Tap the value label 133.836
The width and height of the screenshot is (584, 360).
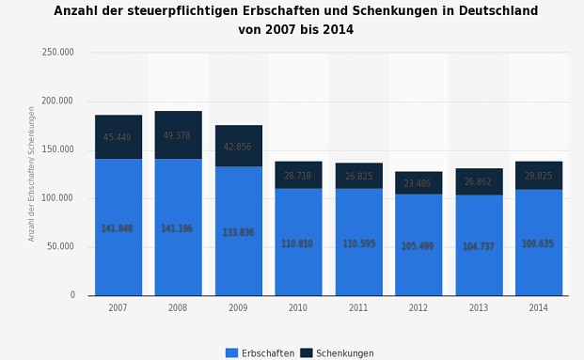[238, 232]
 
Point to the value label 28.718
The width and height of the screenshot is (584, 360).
[297, 176]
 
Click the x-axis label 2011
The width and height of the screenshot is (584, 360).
[358, 308]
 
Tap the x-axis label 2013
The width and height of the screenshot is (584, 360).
[478, 308]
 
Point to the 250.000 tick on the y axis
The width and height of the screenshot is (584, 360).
[58, 53]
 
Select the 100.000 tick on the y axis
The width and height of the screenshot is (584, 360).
[58, 198]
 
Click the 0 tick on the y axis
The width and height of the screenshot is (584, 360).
[71, 295]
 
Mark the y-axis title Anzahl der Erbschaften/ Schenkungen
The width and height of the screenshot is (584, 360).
[32, 174]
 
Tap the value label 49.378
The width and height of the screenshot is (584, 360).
[177, 135]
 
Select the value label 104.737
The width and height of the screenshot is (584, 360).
[478, 246]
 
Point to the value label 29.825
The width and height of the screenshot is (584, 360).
[538, 176]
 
